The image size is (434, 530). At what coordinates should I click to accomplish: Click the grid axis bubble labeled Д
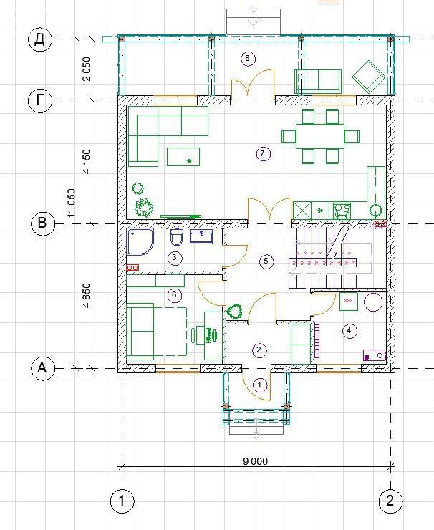(x=40, y=39)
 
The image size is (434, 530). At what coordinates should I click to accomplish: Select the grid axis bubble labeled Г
(x=40, y=100)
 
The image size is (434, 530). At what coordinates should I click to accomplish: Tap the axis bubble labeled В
(x=42, y=223)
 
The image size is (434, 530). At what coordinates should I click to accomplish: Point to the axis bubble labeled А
(x=42, y=367)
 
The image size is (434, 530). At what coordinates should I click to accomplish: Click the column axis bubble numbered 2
(x=390, y=500)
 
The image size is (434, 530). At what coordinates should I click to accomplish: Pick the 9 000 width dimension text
(x=255, y=461)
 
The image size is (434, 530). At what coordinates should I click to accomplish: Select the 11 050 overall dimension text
(x=72, y=203)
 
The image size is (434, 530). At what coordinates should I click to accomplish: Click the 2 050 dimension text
(x=87, y=69)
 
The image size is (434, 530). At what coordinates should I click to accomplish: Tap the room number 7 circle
(x=263, y=154)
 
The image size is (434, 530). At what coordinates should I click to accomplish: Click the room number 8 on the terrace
(x=247, y=59)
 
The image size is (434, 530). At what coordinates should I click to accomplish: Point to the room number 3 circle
(x=175, y=258)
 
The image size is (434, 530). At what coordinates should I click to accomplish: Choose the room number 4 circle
(x=349, y=331)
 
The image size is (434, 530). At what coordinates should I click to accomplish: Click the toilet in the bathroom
(x=176, y=236)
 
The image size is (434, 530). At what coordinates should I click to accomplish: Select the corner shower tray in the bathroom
(x=140, y=241)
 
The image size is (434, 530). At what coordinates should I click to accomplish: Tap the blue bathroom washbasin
(x=201, y=236)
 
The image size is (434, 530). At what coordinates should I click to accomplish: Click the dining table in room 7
(x=320, y=137)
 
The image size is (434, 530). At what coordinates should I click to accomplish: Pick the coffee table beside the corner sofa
(x=183, y=157)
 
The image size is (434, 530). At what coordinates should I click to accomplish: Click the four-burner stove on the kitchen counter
(x=342, y=211)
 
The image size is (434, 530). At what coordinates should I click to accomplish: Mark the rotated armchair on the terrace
(x=369, y=77)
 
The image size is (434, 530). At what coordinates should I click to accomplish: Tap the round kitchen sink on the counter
(x=375, y=211)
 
